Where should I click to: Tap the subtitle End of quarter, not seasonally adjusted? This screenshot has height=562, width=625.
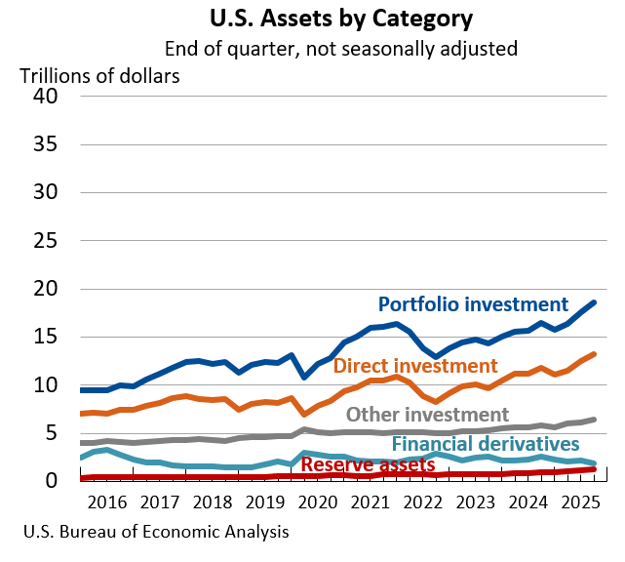340,48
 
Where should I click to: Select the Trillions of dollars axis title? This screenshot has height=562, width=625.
100,75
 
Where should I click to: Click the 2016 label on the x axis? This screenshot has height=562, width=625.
107,503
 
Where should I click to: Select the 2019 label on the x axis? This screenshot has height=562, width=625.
260,503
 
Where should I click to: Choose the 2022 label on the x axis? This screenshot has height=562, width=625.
414,503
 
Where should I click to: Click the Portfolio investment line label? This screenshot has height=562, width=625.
473,304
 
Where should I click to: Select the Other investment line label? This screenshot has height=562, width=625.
427,415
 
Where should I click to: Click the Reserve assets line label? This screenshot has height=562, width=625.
368,464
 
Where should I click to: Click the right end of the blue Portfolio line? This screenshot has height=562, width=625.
594,302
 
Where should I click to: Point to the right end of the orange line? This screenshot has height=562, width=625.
594,354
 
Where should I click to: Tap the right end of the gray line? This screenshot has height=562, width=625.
594,420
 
